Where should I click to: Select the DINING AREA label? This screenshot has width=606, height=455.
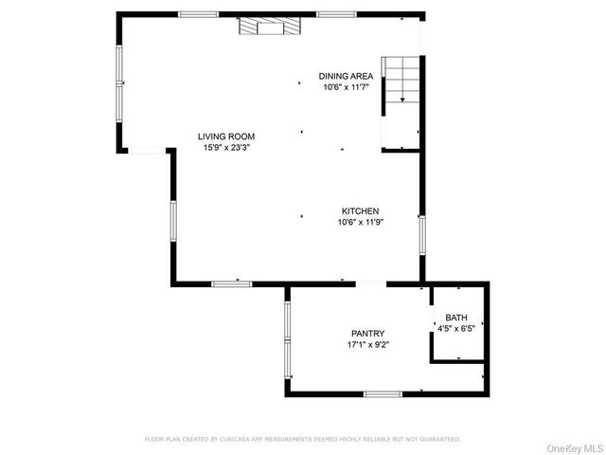click(x=346, y=76)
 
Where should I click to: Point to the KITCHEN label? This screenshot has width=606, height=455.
click(x=361, y=211)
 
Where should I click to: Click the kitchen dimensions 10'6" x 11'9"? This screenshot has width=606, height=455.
click(x=361, y=223)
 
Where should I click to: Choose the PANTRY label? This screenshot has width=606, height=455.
click(x=367, y=334)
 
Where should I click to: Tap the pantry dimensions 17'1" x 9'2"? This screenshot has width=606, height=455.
click(x=367, y=345)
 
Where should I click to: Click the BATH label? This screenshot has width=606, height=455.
click(x=457, y=318)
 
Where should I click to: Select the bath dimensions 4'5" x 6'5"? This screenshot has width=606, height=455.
click(x=457, y=329)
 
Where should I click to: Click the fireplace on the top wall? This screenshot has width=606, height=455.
click(x=271, y=27)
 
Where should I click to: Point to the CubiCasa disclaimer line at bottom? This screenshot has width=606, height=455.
click(x=302, y=439)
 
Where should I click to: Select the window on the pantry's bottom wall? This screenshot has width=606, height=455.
click(x=383, y=393)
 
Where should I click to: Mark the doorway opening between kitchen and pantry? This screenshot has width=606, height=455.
click(x=370, y=283)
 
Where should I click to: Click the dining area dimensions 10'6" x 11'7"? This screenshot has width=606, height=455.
click(x=346, y=87)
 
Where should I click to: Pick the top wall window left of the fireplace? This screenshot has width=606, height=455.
click(x=198, y=14)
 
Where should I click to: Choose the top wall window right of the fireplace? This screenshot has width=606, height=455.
click(x=336, y=14)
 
